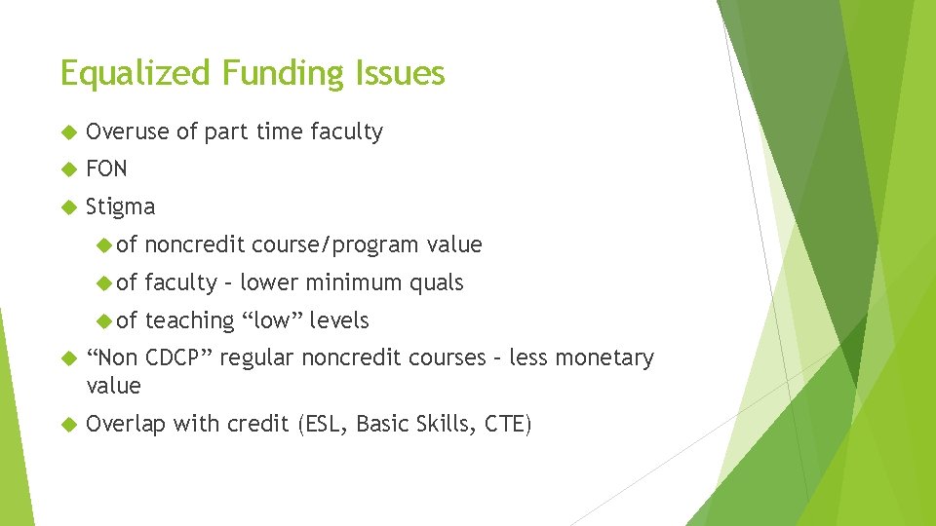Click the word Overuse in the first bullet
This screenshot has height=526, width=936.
point(128,131)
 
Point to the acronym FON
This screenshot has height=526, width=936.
point(106,169)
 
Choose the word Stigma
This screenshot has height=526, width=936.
point(120,207)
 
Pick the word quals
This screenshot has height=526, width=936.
point(437,283)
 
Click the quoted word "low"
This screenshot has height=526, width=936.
point(272,320)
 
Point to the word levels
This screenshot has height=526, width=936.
point(339,320)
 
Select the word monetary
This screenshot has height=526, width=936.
point(610,357)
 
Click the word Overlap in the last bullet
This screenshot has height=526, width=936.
point(126,424)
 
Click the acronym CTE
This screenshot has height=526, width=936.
point(506,424)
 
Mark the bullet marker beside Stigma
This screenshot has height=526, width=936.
point(67,207)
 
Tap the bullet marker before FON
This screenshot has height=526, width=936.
point(67,169)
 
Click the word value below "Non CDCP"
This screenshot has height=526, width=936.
point(113,386)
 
